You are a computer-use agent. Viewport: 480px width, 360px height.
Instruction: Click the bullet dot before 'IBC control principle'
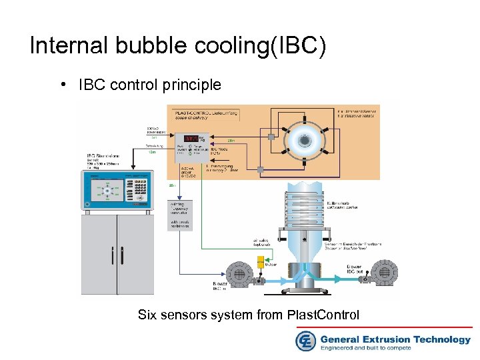pyautogui.click(x=61, y=85)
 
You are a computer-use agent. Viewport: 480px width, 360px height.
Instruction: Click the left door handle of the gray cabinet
pyautogui.click(x=113, y=256)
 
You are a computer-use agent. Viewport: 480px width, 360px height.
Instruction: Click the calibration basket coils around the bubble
pyautogui.click(x=306, y=207)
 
